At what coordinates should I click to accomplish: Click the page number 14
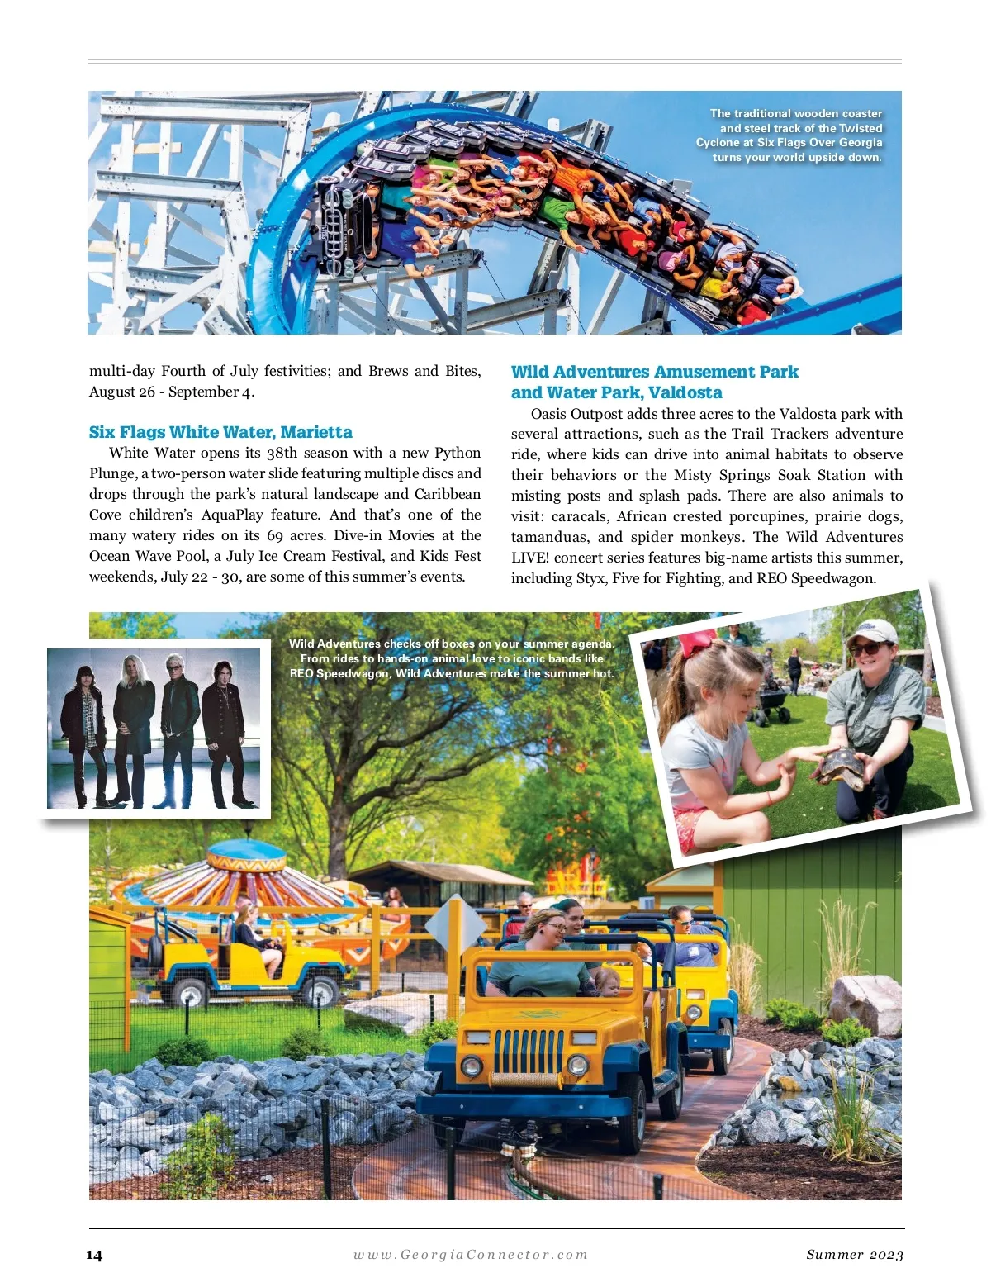pyautogui.click(x=94, y=1255)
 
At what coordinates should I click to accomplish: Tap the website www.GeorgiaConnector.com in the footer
pyautogui.click(x=471, y=1254)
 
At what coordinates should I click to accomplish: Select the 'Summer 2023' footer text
pyautogui.click(x=855, y=1255)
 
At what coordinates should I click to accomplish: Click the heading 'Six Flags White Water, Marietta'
pyautogui.click(x=220, y=432)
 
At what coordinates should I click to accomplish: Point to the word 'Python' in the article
pyautogui.click(x=458, y=453)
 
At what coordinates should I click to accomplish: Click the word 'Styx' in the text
pyautogui.click(x=590, y=578)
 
